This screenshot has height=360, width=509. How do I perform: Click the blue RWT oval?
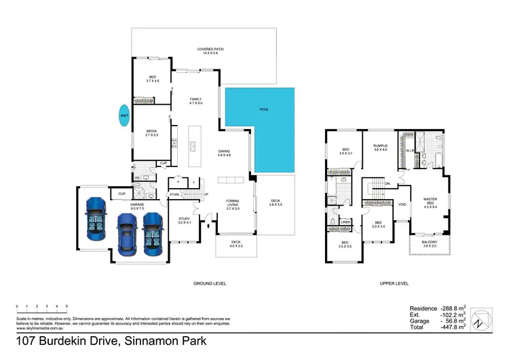[124, 116]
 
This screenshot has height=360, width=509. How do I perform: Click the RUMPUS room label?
[381, 146]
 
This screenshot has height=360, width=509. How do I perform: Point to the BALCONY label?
[429, 242]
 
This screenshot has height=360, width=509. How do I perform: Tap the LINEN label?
[345, 222]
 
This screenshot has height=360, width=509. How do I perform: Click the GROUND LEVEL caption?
[210, 283]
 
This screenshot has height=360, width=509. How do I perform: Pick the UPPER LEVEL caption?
[394, 283]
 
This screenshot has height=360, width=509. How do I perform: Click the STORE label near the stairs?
[175, 195]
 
